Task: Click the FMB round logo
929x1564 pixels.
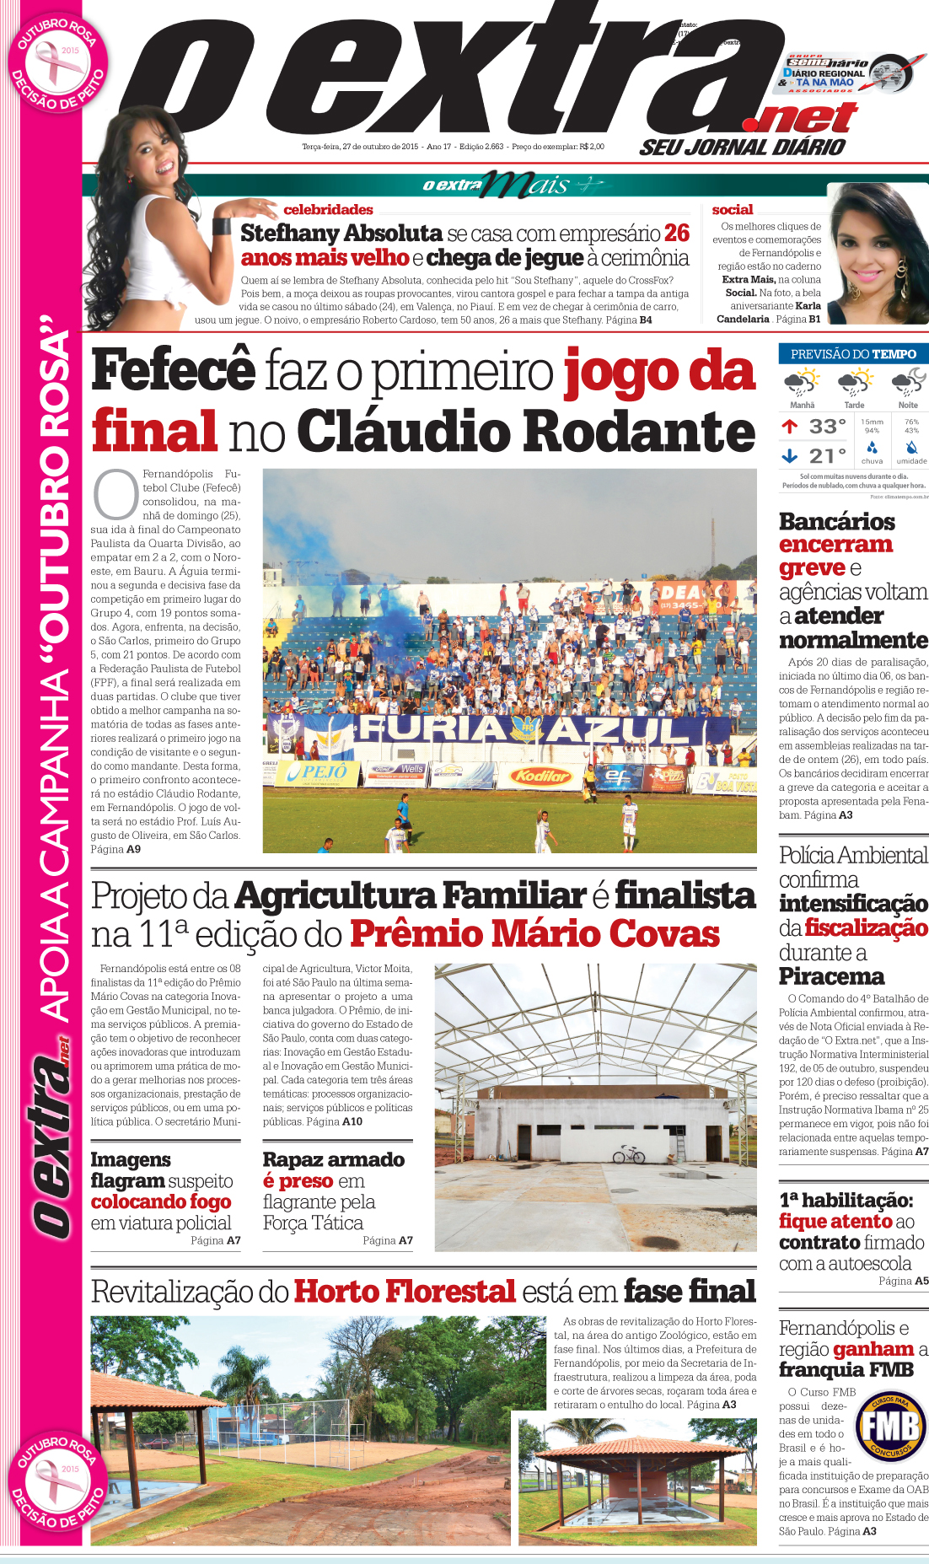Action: (891, 1427)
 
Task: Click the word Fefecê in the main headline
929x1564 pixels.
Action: (174, 370)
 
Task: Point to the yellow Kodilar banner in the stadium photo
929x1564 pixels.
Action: (542, 775)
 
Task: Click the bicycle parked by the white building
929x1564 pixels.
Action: (629, 1153)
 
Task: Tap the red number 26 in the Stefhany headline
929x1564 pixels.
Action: (676, 233)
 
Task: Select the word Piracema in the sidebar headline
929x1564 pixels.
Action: (831, 976)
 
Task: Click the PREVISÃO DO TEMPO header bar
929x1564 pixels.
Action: (853, 354)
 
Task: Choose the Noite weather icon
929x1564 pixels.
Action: (909, 383)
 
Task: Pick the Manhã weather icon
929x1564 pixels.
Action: (802, 383)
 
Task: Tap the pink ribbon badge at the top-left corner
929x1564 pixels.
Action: (57, 63)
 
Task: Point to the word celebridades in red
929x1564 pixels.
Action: (328, 209)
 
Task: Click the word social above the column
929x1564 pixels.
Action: (732, 209)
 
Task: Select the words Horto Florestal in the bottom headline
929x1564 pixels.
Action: (405, 1292)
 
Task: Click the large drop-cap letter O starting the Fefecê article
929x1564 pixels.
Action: (115, 495)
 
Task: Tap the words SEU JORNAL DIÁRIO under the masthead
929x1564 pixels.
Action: (742, 148)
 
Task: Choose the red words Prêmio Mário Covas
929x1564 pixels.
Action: (534, 934)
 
